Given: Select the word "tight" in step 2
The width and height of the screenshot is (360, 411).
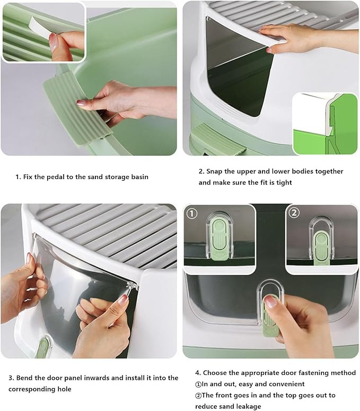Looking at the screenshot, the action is [x=284, y=183].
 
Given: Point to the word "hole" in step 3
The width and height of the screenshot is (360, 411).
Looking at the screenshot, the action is [x=65, y=389].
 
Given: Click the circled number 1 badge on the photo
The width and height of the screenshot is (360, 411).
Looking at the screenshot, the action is [x=191, y=213].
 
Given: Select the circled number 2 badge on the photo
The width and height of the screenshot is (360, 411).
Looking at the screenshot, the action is [x=294, y=212].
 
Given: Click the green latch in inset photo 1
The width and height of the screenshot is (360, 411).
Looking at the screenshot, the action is [x=220, y=239].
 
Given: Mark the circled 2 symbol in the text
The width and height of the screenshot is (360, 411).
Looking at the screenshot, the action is [x=198, y=396].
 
